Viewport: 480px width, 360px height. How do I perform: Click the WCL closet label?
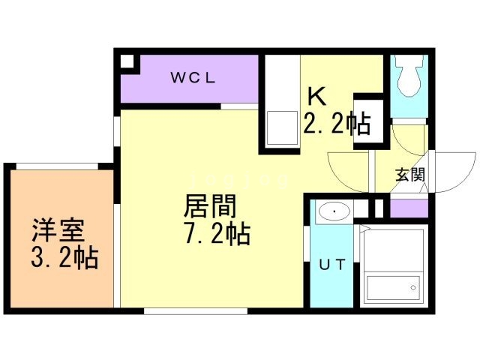click(193, 78)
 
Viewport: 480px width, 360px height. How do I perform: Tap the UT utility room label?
click(331, 264)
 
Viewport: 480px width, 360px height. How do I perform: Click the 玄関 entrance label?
click(410, 175)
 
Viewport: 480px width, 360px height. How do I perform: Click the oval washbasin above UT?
click(332, 212)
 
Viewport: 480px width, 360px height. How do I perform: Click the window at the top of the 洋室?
click(57, 166)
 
